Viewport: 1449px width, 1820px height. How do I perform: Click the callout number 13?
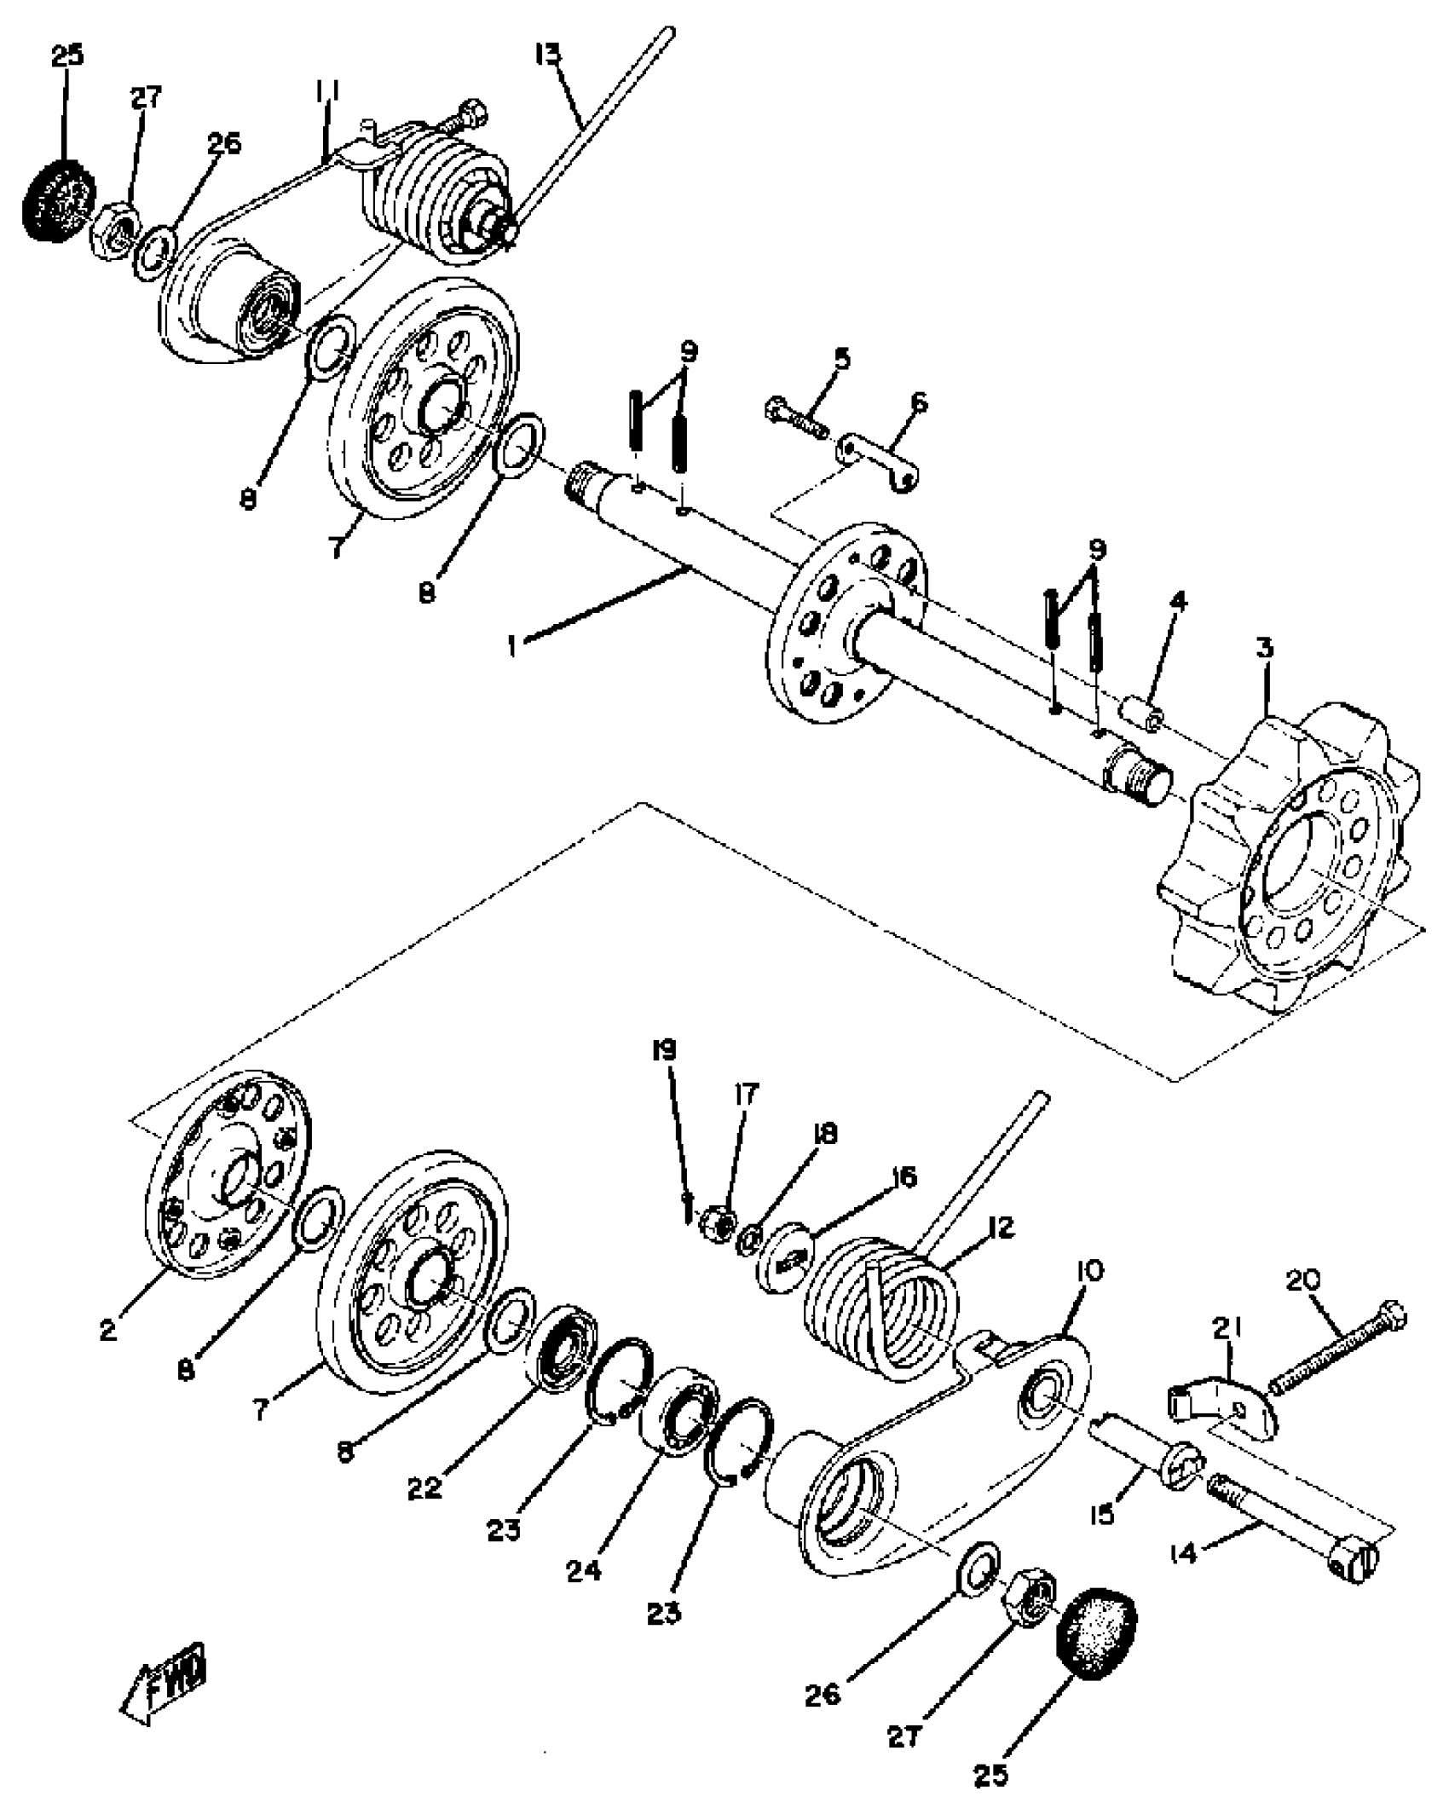548,55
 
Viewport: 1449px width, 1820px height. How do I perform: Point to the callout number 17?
746,1094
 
